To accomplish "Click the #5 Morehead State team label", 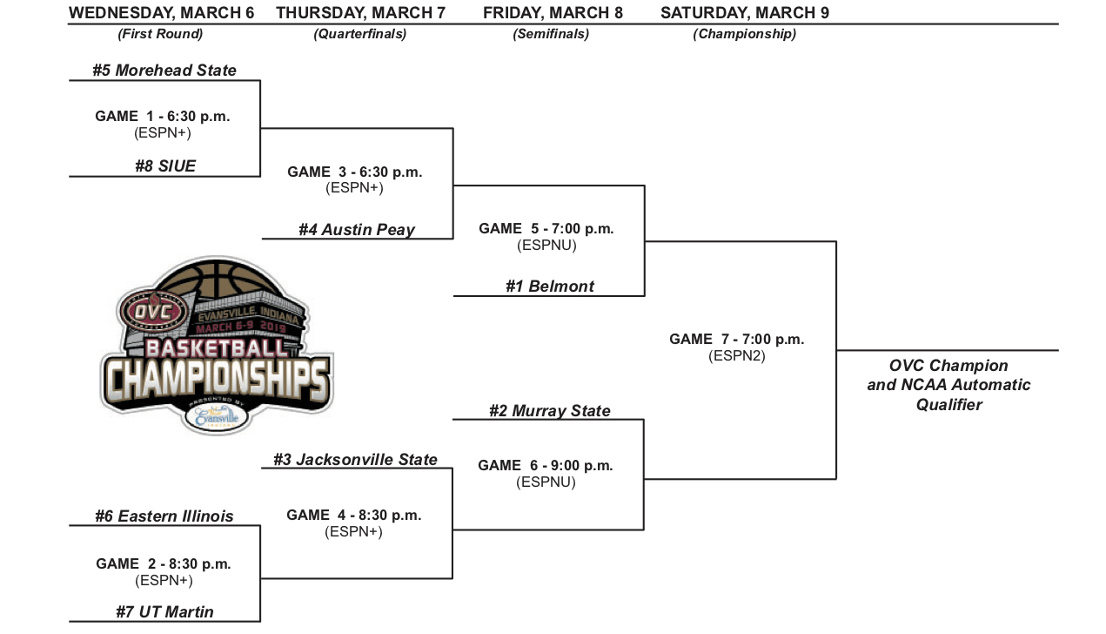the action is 164,71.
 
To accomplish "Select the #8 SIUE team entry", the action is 165,166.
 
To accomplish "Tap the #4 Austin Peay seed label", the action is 357,230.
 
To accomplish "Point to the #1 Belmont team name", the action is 550,287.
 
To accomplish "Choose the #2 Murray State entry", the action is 550,411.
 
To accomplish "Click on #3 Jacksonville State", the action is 356,460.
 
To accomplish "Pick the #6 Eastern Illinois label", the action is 164,516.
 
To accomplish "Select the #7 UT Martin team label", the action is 164,611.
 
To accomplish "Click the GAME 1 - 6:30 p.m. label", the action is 163,116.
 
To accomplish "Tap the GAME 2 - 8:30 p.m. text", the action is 164,563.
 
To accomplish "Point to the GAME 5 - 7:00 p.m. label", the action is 546,229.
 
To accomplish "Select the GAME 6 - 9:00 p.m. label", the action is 545,466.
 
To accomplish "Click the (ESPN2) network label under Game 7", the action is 737,356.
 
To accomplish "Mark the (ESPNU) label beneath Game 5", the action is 546,245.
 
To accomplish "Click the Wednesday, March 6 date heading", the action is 161,13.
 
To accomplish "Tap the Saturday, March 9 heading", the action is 745,13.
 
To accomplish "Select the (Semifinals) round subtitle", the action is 551,34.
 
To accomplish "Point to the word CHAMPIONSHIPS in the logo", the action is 217,380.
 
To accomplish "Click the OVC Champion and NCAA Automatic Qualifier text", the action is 948,385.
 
